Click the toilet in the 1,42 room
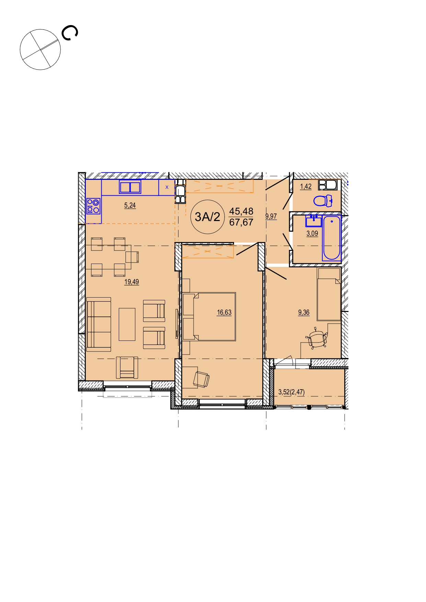pyautogui.click(x=323, y=201)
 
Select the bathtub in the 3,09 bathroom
pyautogui.click(x=332, y=238)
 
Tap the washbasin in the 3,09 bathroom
pyautogui.click(x=314, y=221)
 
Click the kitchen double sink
pyautogui.click(x=130, y=187)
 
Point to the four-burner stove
pyautogui.click(x=93, y=206)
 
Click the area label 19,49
pyautogui.click(x=131, y=282)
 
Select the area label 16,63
pyautogui.click(x=224, y=313)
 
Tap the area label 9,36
pyautogui.click(x=304, y=313)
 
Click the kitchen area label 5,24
pyautogui.click(x=130, y=206)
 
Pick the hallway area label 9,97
pyautogui.click(x=271, y=217)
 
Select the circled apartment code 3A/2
pyautogui.click(x=207, y=217)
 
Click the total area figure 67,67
pyautogui.click(x=241, y=222)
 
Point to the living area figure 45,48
pyautogui.click(x=241, y=211)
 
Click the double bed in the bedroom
pyautogui.click(x=209, y=316)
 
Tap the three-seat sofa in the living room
pyautogui.click(x=99, y=324)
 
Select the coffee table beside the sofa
pyautogui.click(x=127, y=324)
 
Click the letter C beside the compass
pyautogui.click(x=70, y=33)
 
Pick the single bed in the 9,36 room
pyautogui.click(x=329, y=294)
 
